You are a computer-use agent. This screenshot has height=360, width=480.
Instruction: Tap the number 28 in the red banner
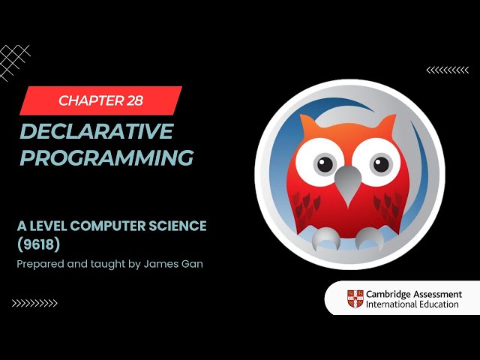pyautogui.click(x=135, y=100)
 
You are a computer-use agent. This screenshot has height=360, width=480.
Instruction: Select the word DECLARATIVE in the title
pyautogui.click(x=97, y=131)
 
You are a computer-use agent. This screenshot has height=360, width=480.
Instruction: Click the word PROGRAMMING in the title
pyautogui.click(x=106, y=157)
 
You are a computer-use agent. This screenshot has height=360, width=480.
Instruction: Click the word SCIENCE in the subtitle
pyautogui.click(x=178, y=226)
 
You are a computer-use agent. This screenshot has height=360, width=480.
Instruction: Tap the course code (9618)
pyautogui.click(x=38, y=244)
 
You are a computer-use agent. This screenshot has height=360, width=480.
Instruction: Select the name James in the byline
pyautogui.click(x=159, y=263)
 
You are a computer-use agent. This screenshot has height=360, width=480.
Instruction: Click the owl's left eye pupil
pyautogui.click(x=325, y=164)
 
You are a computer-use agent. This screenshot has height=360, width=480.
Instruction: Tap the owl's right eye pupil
pyautogui.click(x=381, y=164)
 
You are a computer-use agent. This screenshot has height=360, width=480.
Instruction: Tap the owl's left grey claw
pyautogui.click(x=325, y=239)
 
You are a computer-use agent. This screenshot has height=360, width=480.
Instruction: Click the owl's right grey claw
pyautogui.click(x=370, y=239)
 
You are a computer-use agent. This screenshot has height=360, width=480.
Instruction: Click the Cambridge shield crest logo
pyautogui.click(x=355, y=298)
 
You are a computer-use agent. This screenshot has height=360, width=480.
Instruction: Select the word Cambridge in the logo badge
pyautogui.click(x=388, y=295)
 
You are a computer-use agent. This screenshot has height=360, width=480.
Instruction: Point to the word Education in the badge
pyautogui.click(x=438, y=304)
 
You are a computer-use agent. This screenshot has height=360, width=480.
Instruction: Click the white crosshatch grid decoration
pyautogui.click(x=14, y=63)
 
